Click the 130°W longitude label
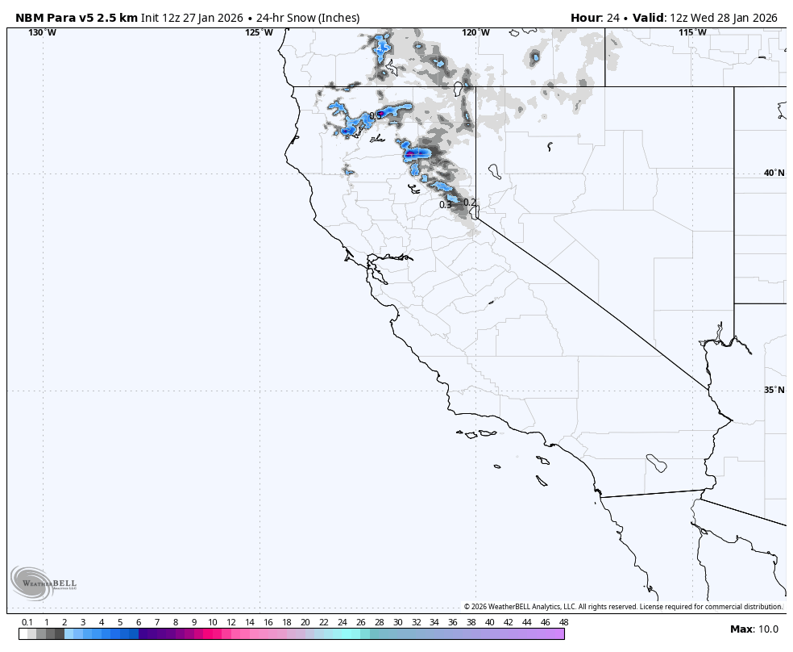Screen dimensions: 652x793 pos(42,32)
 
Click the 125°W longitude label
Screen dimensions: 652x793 pos(259,32)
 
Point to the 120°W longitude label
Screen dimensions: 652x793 pos(475,32)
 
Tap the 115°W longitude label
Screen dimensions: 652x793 pos(692,32)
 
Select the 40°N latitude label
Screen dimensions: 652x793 pos(774,173)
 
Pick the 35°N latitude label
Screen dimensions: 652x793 pos(774,390)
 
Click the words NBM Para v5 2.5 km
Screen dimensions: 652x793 pos(77,18)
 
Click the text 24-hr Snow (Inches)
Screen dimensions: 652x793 pos(308,18)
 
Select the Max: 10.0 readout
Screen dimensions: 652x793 pos(754,629)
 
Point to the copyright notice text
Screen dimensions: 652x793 pos(623,607)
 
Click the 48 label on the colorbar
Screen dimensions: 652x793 pos(563,622)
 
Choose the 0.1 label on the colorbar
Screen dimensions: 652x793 pos(27,622)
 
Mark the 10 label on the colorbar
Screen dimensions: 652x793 pos(212,622)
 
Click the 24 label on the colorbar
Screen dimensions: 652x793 pos(342,622)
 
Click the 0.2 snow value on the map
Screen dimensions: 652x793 pos(469,202)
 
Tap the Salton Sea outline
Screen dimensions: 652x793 pos(657,463)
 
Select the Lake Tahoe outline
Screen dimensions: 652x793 pos(475,211)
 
